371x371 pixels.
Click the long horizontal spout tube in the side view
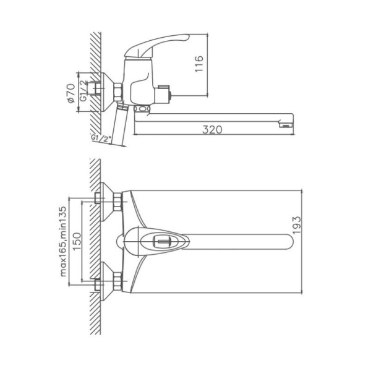click(210, 117)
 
